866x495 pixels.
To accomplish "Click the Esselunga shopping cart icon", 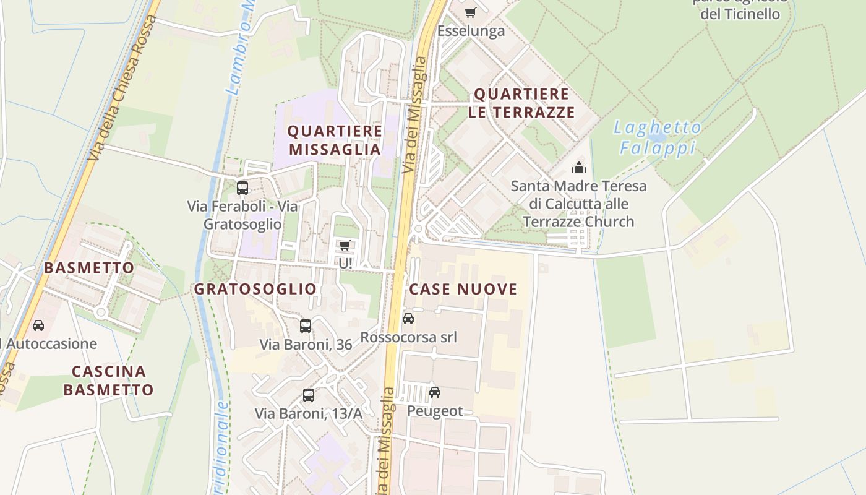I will coord(471,12).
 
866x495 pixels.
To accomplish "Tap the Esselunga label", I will coord(471,31).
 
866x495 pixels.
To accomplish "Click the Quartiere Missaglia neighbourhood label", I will coord(335,140).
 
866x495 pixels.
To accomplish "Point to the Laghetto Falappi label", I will coord(658,138).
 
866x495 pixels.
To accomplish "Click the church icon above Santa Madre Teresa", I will coord(579,168).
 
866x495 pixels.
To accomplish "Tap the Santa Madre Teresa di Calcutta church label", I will coord(578,204).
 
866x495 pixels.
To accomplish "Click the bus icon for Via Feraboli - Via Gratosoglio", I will coord(242,188).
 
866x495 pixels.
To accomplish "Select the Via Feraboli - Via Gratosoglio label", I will coord(242,215).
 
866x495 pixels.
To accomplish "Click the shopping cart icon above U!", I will coord(345,246).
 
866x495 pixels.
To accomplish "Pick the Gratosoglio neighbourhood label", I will coord(255,289).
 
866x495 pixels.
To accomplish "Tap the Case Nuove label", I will coord(463,289).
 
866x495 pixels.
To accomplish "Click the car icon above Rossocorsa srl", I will coord(408,319).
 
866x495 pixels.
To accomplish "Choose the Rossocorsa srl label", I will coord(408,337).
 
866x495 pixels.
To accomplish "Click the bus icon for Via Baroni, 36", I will coord(306,326).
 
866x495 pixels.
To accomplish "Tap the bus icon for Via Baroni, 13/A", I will coord(309,395).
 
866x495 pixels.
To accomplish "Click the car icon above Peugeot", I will coord(435,392).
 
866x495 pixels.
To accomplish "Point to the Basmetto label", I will coord(89,268).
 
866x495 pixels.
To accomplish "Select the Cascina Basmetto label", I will coord(108,381).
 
